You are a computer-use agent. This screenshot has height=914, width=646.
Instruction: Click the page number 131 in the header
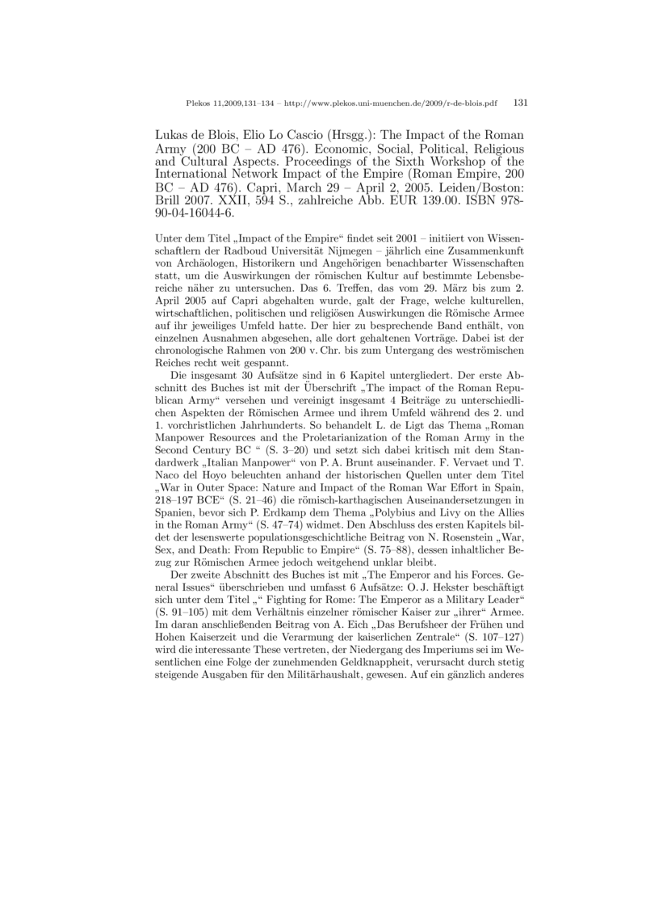click(520, 103)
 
